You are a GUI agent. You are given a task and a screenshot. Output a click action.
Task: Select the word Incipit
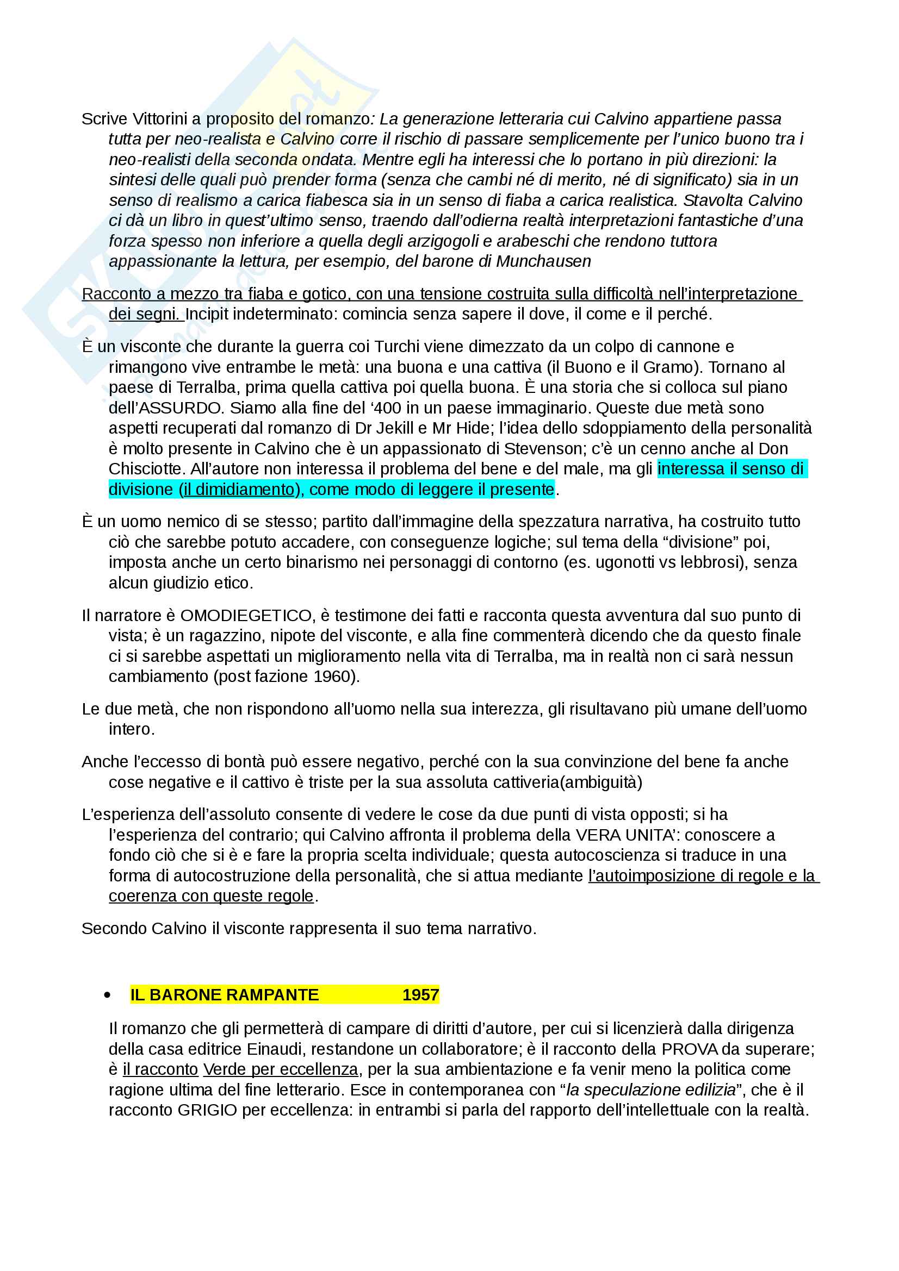coord(206,315)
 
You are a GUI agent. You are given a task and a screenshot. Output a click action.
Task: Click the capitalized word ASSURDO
coord(179,408)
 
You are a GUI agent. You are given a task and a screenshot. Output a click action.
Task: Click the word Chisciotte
coord(147,469)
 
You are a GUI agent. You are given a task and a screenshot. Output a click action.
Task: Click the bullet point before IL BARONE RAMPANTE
coord(107,995)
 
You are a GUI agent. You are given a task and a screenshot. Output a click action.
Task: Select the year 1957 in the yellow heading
coord(420,995)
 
